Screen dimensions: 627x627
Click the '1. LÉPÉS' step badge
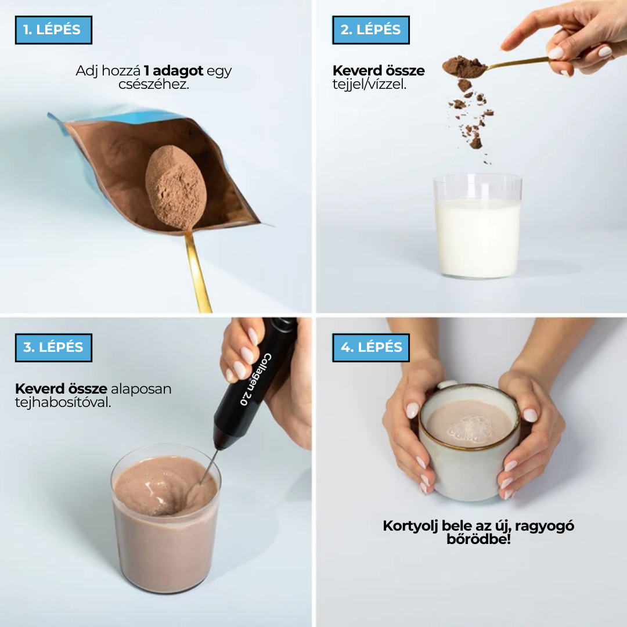(53, 30)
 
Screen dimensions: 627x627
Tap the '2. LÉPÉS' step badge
(371, 30)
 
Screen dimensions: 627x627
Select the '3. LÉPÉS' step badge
(53, 348)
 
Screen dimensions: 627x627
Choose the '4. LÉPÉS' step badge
(371, 347)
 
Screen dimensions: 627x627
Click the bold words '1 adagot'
(174, 71)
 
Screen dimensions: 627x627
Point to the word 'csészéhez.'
(154, 84)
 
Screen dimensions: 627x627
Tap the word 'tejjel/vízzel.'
(370, 85)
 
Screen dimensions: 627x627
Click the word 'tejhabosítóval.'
(63, 402)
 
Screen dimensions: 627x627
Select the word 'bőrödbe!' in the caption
(478, 539)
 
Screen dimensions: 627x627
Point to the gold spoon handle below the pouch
(197, 273)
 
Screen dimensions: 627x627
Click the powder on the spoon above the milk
(464, 67)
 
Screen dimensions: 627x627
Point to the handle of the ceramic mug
(448, 385)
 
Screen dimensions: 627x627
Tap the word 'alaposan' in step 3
(141, 388)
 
